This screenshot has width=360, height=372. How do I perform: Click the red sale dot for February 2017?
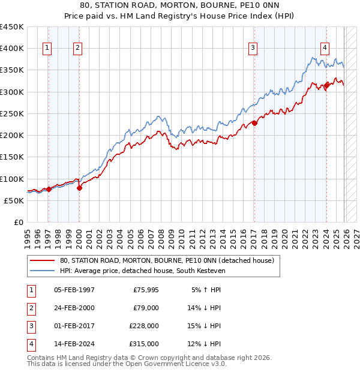[254, 123]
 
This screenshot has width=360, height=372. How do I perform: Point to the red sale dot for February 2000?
[79, 188]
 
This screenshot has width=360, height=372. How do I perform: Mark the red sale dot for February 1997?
[48, 189]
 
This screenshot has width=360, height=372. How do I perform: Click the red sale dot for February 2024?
[326, 85]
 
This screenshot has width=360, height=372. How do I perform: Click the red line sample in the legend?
[42, 260]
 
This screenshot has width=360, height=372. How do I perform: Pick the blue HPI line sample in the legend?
[42, 271]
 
